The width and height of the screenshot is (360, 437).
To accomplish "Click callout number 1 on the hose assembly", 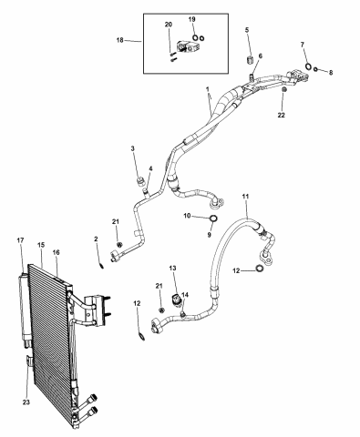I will pyautogui.click(x=208, y=91).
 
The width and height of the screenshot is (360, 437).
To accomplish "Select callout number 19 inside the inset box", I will pyautogui.click(x=191, y=19).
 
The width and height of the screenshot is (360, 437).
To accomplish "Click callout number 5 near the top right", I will pyautogui.click(x=246, y=31).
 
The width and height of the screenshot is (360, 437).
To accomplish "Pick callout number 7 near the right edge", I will pyautogui.click(x=303, y=45).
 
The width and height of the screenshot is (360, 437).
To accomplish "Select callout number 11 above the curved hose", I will pyautogui.click(x=244, y=197).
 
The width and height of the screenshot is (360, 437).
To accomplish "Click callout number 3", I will pyautogui.click(x=132, y=148).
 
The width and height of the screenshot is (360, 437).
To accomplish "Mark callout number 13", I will pyautogui.click(x=171, y=270).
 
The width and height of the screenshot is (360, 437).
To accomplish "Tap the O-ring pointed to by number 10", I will pyautogui.click(x=211, y=219).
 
